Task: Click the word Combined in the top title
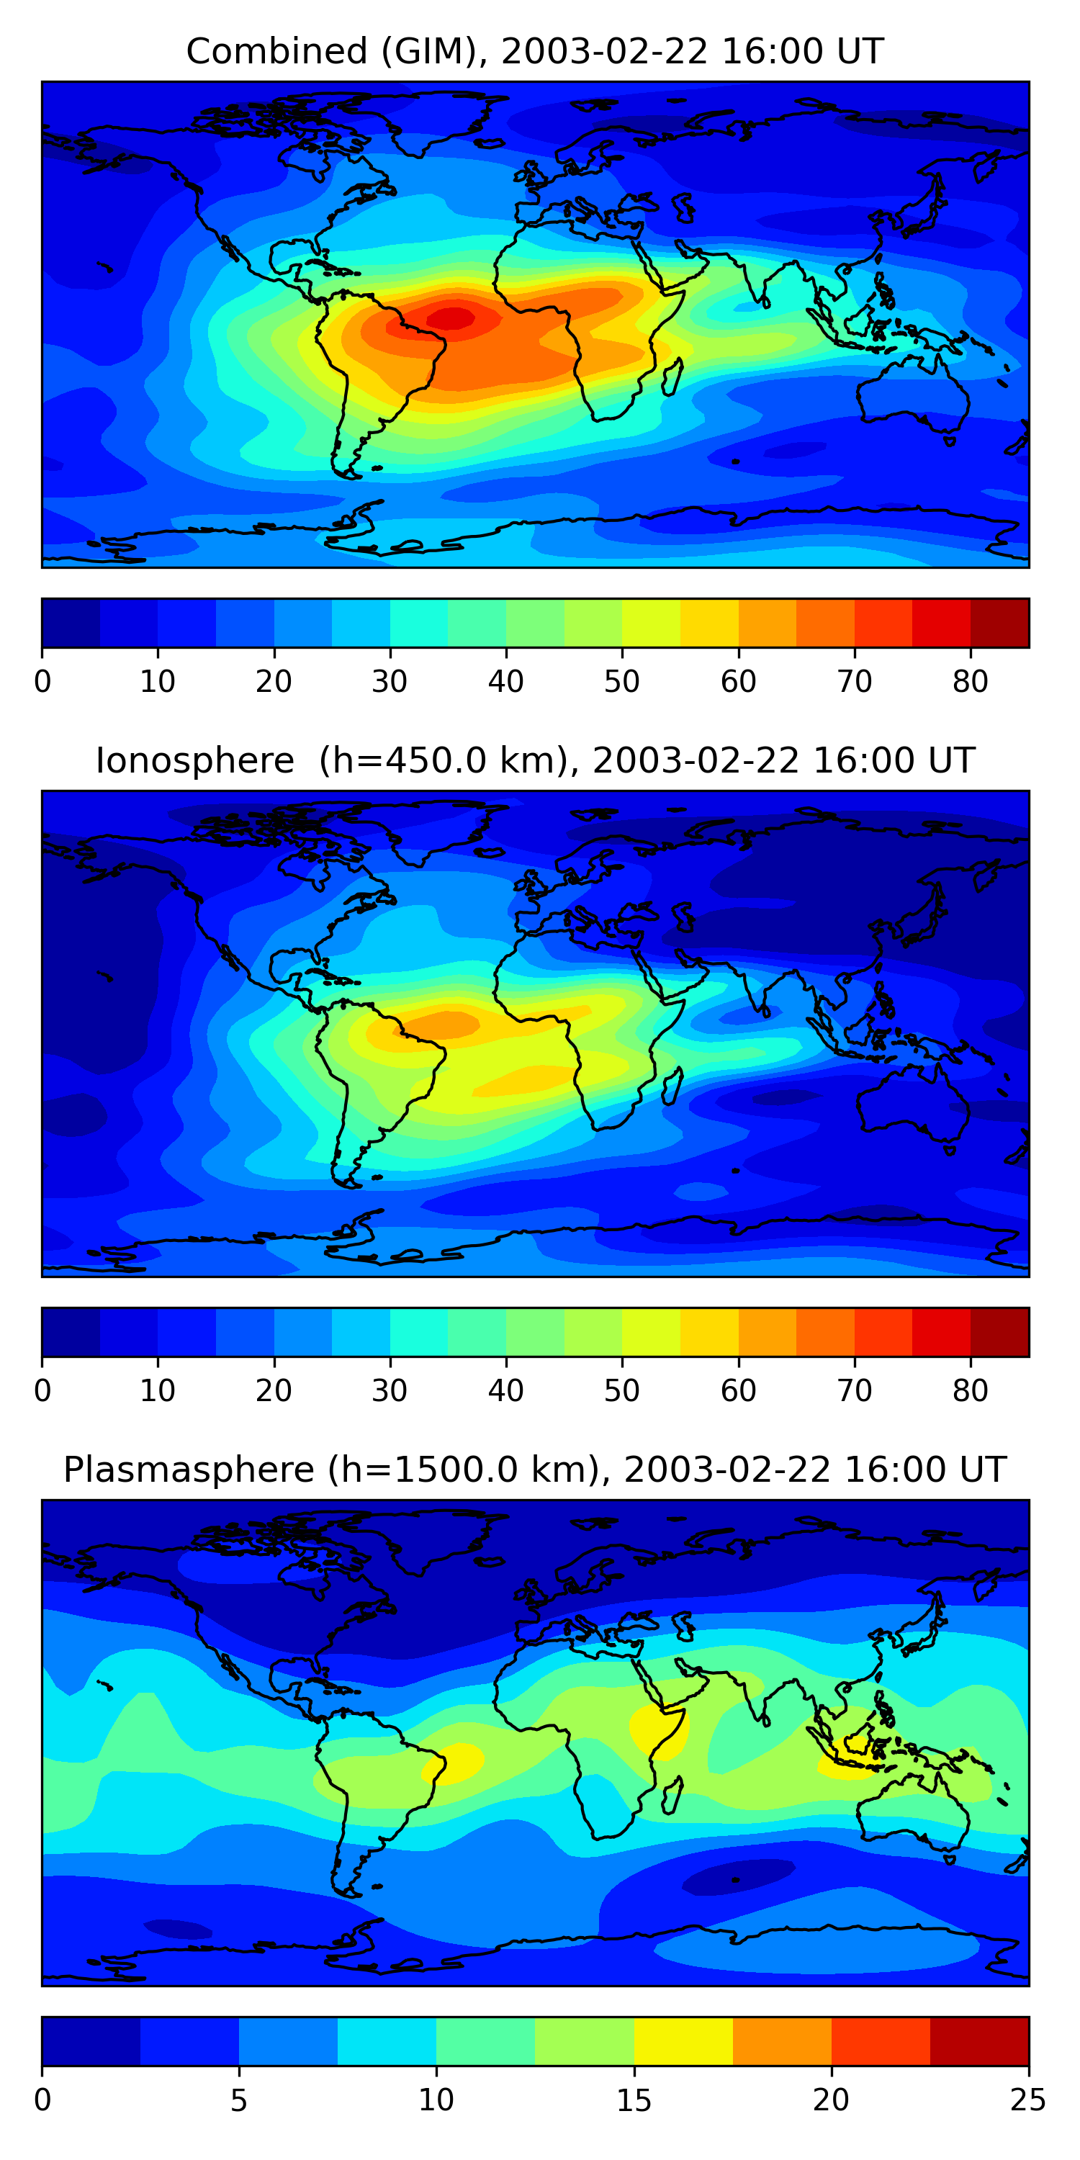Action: [x=276, y=52]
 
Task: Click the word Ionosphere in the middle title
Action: [x=194, y=760]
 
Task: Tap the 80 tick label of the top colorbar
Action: [x=970, y=682]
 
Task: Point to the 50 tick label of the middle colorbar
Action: [x=621, y=1391]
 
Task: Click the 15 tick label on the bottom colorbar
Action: [x=634, y=2100]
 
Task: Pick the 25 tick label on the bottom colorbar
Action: [x=1028, y=2100]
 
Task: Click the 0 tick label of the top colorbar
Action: [x=42, y=682]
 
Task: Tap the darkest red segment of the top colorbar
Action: [x=999, y=623]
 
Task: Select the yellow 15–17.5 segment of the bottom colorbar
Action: [x=683, y=2041]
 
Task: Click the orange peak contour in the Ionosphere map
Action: [x=444, y=1024]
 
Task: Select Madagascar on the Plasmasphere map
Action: [x=672, y=1795]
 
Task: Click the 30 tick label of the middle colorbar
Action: [x=390, y=1391]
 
